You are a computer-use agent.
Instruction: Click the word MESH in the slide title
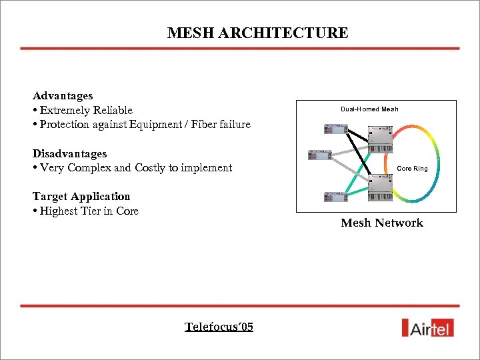(x=187, y=33)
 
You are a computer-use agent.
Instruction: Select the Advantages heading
(x=63, y=96)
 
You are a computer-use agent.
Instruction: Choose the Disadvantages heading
(x=69, y=153)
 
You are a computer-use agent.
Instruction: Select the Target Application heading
(x=81, y=196)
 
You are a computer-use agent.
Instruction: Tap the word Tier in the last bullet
(x=103, y=211)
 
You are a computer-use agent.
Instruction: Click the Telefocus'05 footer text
(x=219, y=327)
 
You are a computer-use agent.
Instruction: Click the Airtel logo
(x=427, y=327)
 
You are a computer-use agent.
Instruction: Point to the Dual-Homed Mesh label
(x=369, y=109)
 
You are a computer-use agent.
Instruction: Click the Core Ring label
(x=412, y=169)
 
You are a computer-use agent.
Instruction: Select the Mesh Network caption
(x=381, y=223)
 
